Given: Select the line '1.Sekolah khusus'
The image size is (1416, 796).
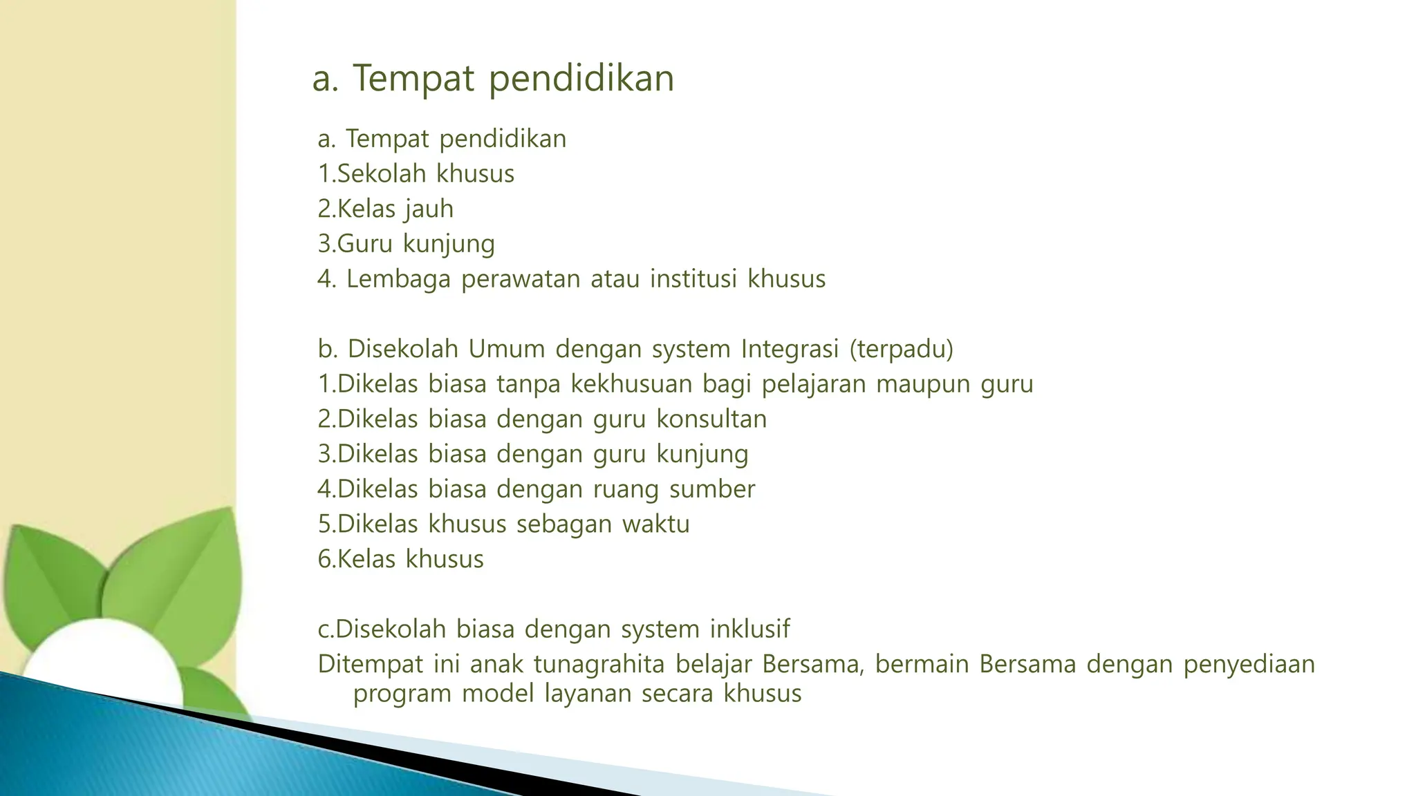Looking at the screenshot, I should pos(416,173).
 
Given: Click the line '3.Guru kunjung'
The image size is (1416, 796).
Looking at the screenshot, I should pos(406,244).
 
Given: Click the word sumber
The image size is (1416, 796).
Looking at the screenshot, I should pos(711,489).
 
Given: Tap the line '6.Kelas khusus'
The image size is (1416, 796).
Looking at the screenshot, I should pos(400,559).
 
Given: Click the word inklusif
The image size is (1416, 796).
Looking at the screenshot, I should pos(749,629).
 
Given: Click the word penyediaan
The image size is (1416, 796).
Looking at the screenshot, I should pos(1249,664).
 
